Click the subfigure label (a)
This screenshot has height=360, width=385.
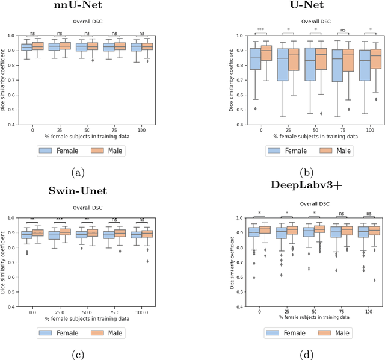point(78,173)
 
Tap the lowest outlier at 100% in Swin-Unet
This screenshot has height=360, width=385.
point(147,261)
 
